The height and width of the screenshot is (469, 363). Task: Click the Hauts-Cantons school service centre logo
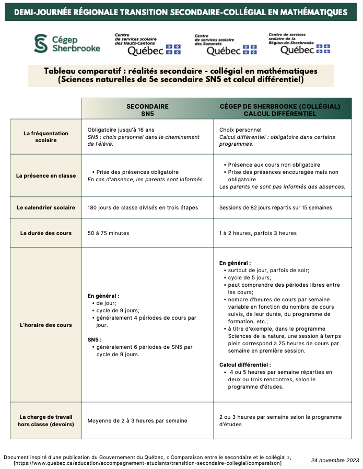point(147,44)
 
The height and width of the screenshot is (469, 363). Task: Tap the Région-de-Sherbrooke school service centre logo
point(299,43)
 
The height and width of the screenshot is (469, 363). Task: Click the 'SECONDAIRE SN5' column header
point(147,109)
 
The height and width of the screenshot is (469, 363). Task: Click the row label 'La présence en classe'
point(46,175)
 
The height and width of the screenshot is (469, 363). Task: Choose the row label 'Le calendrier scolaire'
point(46,207)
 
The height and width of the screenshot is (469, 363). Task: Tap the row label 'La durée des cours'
point(46,233)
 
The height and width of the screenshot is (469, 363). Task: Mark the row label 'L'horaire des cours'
point(46,325)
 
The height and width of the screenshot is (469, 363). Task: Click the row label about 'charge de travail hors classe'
point(46,420)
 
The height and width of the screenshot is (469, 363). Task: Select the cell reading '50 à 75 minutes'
point(108,233)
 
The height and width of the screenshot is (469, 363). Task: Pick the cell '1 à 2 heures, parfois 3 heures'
point(258,233)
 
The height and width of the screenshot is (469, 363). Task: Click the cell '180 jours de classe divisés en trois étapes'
point(143,207)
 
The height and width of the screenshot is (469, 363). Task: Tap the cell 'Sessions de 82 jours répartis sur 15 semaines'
point(275,207)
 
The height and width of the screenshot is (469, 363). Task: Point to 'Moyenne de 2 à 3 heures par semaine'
point(137,420)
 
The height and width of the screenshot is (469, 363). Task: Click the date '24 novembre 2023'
point(335,460)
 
